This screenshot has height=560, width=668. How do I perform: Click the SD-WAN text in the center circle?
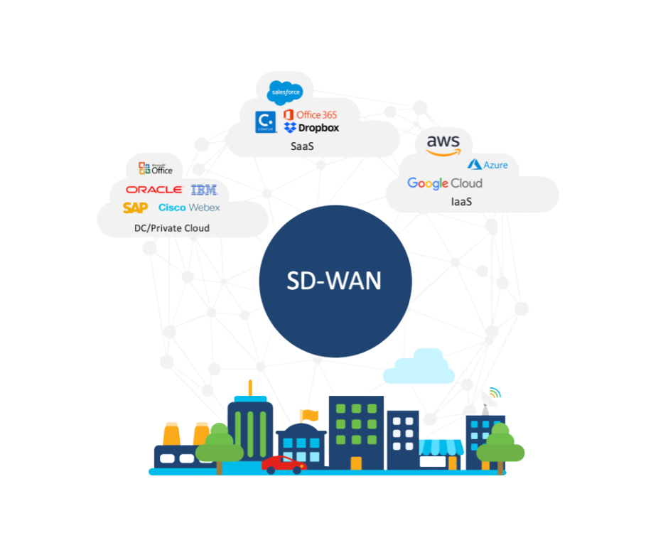coord(334,281)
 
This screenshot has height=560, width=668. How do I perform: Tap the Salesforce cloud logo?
coord(285,92)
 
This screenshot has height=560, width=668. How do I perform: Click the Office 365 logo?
coord(310,114)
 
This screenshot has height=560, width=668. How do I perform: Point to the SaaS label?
coord(301,146)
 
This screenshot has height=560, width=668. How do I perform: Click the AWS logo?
coord(443,144)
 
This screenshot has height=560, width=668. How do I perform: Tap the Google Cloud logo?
coord(444,183)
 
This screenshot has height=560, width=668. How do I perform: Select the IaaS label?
coord(461,202)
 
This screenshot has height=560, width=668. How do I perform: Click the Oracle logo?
coord(154,190)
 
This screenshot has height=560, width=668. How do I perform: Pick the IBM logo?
coord(204,190)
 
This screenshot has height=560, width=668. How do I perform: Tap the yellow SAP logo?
coord(135,208)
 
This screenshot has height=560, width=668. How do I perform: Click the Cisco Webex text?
coord(189,208)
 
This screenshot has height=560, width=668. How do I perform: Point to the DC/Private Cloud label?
coord(172,228)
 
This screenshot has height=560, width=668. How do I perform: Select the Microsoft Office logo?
coord(156,168)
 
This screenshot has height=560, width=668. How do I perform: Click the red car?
coord(283,464)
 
